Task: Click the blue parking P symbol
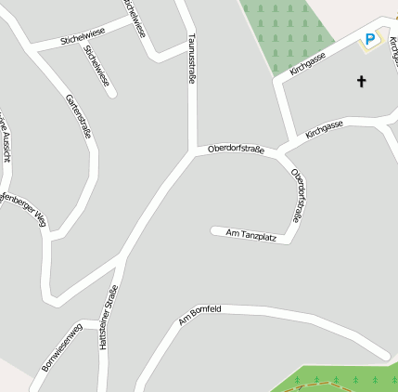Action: [x=370, y=40]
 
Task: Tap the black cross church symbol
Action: [x=361, y=82]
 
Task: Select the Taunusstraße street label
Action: [x=192, y=59]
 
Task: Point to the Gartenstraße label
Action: [x=78, y=116]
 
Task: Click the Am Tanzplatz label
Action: [x=251, y=235]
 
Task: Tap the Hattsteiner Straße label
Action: [x=109, y=317]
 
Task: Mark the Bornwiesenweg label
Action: [x=63, y=346]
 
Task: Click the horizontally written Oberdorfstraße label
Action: [x=236, y=149]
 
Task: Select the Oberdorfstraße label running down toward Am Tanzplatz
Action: [x=297, y=194]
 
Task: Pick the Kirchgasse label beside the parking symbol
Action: [x=308, y=63]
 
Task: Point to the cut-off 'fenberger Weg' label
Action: [x=22, y=205]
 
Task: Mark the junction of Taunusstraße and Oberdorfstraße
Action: [x=193, y=151]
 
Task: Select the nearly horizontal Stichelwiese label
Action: [x=82, y=36]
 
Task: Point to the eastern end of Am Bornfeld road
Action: [x=384, y=355]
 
